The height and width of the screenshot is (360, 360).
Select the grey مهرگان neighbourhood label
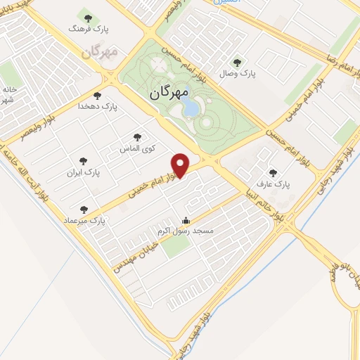point(98,52)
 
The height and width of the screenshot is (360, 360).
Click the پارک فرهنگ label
point(86,30)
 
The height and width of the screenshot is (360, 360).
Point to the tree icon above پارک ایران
point(84,160)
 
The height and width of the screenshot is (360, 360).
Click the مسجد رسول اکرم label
point(185,230)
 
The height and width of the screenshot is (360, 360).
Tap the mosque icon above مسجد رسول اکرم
point(185,219)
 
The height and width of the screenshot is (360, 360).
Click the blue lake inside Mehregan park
point(189,108)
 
